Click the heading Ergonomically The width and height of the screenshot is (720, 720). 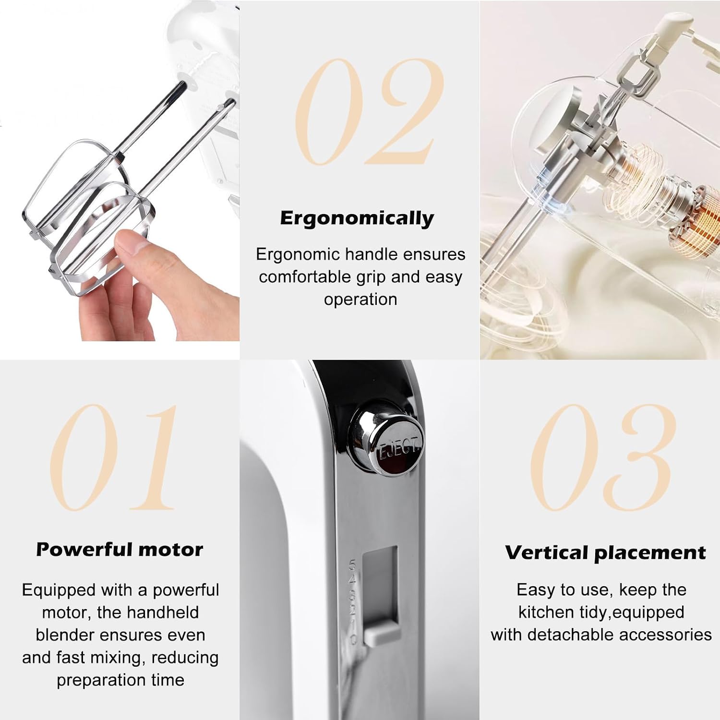tap(357, 218)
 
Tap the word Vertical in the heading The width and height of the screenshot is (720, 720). tap(547, 552)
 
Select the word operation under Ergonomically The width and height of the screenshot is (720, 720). tap(360, 300)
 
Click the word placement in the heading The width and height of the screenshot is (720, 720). tap(650, 553)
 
